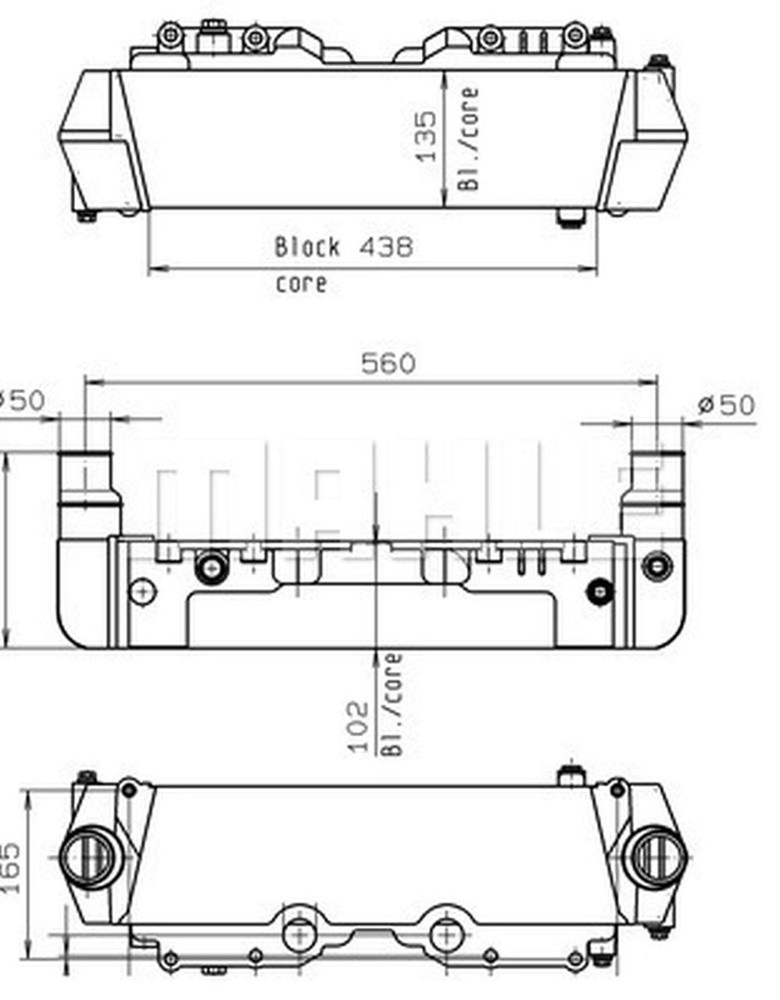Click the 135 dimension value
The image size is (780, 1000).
tap(426, 136)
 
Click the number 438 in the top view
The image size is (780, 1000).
tap(385, 248)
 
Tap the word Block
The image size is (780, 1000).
tap(307, 248)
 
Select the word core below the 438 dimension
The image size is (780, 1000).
tap(301, 283)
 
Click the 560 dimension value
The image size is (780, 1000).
tap(388, 363)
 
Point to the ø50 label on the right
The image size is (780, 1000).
tap(727, 405)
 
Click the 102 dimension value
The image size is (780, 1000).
tap(358, 727)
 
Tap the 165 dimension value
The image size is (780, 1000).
tap(10, 869)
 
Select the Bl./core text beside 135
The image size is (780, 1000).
tap(468, 138)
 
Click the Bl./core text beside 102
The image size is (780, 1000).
tap(393, 705)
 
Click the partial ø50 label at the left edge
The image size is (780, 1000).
tap(20, 401)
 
